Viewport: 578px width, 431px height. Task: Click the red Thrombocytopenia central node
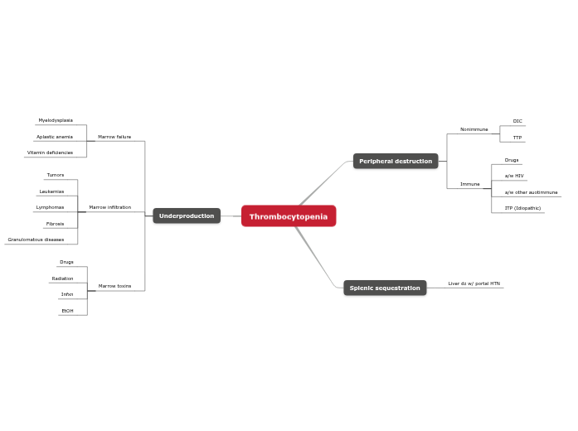point(289,216)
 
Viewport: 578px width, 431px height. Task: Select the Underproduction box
point(187,215)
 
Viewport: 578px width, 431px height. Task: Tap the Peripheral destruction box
point(396,161)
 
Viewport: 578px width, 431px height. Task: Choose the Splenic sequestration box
point(385,288)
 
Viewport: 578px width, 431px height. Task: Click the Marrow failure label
point(114,137)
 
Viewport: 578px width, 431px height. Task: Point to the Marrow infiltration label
point(109,207)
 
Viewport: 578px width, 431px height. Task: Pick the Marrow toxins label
point(114,286)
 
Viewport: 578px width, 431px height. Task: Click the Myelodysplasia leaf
point(56,120)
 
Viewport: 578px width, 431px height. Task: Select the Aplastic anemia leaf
point(55,137)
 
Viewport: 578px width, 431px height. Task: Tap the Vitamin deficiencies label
point(50,153)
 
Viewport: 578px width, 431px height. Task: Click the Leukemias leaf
point(51,191)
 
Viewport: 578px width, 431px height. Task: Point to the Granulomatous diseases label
point(36,240)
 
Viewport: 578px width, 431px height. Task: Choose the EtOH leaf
point(67,311)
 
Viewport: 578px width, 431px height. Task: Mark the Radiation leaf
point(62,278)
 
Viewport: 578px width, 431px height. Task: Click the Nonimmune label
point(474,129)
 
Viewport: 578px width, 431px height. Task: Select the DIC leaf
point(517,121)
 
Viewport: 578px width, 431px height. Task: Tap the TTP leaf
point(517,138)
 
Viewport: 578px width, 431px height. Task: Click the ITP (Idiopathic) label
point(522,208)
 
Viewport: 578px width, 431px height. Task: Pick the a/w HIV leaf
point(514,176)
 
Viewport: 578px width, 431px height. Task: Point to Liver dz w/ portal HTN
point(474,283)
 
